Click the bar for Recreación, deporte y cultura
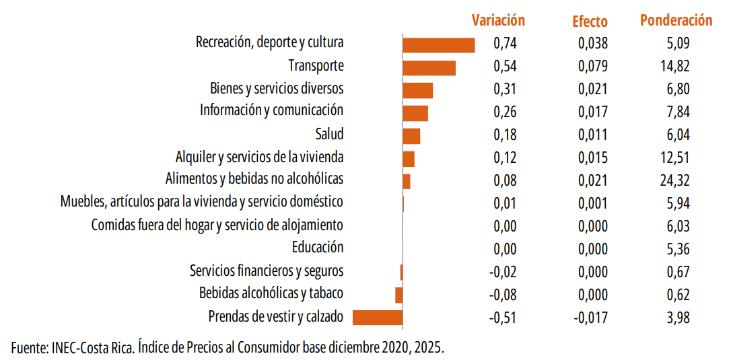[x=438, y=45]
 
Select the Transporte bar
[x=429, y=68]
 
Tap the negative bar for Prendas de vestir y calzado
[x=378, y=318]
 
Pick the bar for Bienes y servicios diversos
[x=417, y=91]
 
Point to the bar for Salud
[x=411, y=136]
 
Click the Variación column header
[x=498, y=20]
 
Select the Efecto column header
[x=590, y=22]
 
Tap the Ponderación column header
[x=676, y=20]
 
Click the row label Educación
[x=318, y=248]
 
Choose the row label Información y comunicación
[x=271, y=110]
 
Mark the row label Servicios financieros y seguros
[x=267, y=271]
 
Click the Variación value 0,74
[x=505, y=44]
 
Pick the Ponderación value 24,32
[x=675, y=180]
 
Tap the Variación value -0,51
[x=503, y=318]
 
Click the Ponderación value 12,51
[x=675, y=157]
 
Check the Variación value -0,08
[x=503, y=295]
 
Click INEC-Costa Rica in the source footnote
[x=92, y=348]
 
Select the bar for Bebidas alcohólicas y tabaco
[x=398, y=295]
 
